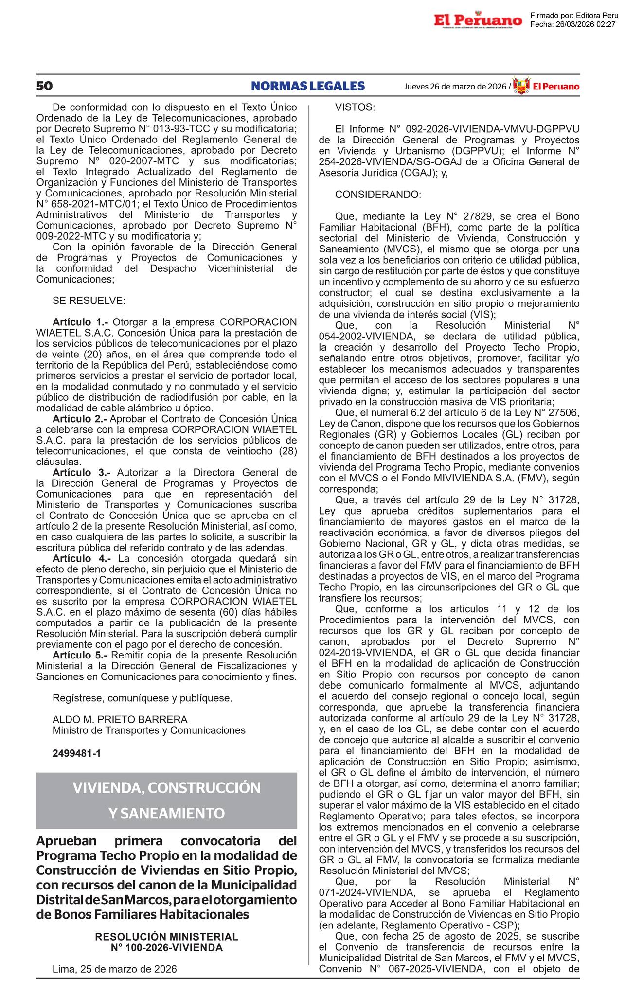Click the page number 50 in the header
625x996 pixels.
coord(44,86)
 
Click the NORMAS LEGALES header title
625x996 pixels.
coord(308,86)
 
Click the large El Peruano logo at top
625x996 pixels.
coord(478,20)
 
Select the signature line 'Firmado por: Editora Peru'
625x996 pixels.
coord(574,16)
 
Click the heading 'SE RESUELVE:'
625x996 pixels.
coord(89,301)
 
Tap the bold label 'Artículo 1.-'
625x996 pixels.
coord(81,322)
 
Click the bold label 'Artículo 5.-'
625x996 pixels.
coord(81,655)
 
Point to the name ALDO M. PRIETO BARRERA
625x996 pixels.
coord(120,719)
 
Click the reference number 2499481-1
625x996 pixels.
coord(76,753)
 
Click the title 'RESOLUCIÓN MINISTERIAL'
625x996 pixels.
coord(166,937)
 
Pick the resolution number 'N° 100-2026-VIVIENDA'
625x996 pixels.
coord(166,947)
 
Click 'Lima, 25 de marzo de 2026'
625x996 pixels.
coord(115,969)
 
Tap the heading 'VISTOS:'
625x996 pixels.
coord(355,107)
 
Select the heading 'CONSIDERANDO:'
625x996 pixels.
coord(378,195)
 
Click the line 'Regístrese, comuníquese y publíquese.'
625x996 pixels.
coord(143,698)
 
